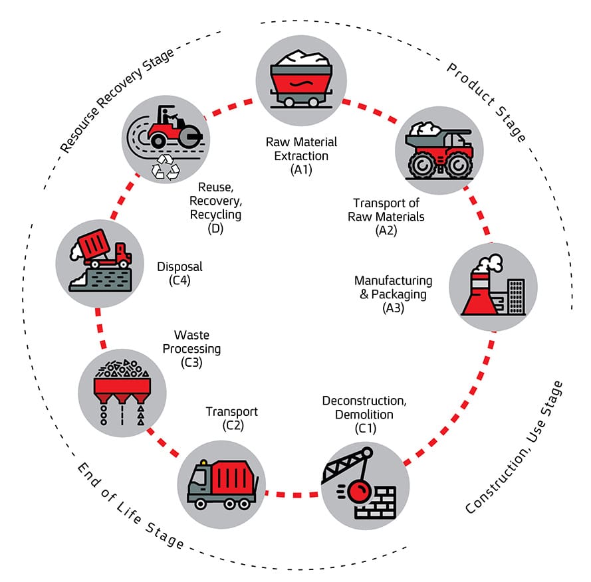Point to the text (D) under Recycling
(215, 228)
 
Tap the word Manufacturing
(393, 280)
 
